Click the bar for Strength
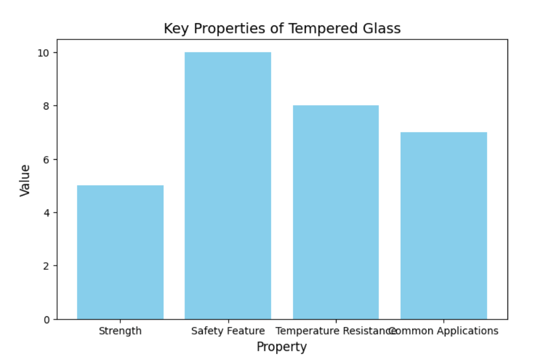click(120, 252)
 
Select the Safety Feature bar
click(228, 186)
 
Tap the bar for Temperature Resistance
click(335, 212)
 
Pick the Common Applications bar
click(443, 226)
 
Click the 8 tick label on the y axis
click(47, 106)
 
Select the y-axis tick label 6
click(47, 160)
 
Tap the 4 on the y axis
click(47, 213)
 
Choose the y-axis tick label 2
click(47, 266)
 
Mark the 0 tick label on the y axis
click(47, 320)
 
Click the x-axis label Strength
click(120, 331)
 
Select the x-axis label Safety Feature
click(228, 331)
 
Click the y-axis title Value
click(25, 180)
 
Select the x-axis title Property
click(282, 347)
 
